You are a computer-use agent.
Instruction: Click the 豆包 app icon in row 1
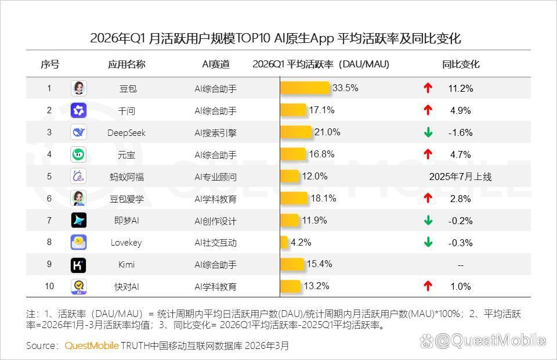click(78, 88)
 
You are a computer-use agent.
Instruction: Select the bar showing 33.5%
click(305, 88)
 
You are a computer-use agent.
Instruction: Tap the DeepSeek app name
click(126, 132)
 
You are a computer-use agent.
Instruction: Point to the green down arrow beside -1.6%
click(428, 132)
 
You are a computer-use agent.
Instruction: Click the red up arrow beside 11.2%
click(428, 88)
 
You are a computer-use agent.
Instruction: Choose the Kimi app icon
click(78, 265)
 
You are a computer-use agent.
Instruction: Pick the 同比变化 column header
click(461, 64)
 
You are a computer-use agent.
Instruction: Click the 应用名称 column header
click(126, 64)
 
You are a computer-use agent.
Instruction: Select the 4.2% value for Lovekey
click(301, 242)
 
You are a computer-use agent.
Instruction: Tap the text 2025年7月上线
click(460, 177)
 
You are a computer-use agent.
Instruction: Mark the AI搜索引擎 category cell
click(215, 132)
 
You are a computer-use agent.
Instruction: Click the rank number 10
click(49, 286)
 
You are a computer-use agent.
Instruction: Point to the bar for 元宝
click(294, 154)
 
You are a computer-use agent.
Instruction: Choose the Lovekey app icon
click(78, 242)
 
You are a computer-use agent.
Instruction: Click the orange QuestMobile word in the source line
click(92, 345)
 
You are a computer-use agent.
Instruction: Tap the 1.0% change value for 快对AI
click(460, 286)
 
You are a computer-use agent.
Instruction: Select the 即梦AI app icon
click(78, 220)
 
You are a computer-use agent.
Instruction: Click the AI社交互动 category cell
click(215, 243)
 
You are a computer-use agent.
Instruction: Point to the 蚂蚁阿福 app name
click(126, 177)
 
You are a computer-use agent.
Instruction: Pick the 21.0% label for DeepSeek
click(327, 132)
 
